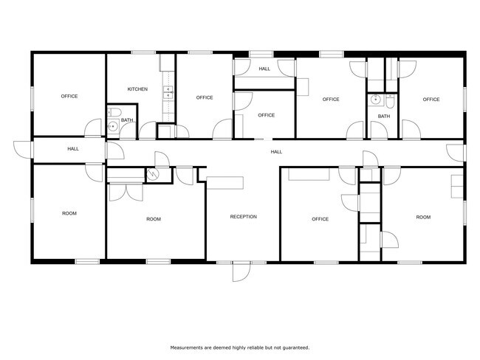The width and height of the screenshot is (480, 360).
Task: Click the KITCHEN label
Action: tap(137, 89)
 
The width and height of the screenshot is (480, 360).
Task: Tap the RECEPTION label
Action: tap(244, 217)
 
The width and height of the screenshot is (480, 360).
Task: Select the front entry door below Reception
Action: tap(241, 271)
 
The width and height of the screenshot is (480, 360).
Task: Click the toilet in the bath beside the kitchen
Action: tap(114, 112)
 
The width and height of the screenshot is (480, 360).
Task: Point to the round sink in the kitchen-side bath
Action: tap(113, 125)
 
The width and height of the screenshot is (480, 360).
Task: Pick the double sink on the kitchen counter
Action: tap(168, 92)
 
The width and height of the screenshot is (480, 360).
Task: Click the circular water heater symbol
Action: tap(152, 174)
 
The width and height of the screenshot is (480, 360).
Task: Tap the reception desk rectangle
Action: tap(225, 183)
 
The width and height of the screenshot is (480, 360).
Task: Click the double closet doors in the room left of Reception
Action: tap(126, 192)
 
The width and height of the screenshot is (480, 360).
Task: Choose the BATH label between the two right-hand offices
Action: tap(384, 117)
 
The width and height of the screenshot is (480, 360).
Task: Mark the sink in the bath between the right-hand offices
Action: tap(375, 100)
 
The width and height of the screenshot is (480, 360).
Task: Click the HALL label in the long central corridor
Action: tap(276, 152)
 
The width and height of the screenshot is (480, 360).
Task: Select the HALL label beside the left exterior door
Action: tap(73, 149)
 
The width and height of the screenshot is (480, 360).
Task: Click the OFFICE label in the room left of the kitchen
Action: tap(69, 96)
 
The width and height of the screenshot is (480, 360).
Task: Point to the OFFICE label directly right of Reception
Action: tap(320, 219)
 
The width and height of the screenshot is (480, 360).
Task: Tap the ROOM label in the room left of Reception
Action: tap(154, 219)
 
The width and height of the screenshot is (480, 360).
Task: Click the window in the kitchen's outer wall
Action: tap(143, 52)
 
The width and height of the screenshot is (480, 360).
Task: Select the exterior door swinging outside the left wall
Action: tap(23, 150)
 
